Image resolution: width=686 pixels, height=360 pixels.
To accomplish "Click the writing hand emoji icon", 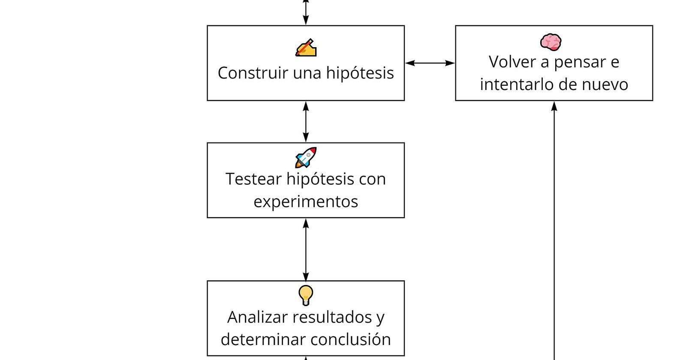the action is pos(306,48).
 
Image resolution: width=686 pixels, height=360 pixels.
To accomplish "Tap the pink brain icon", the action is pos(551,42).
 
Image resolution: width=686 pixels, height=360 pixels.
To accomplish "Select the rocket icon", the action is pos(306,158).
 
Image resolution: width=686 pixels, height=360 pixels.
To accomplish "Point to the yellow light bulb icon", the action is pos(306,295).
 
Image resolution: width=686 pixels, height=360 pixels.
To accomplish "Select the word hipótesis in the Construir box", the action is pos(360,74).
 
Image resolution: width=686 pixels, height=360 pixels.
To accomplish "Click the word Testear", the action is pos(253,179).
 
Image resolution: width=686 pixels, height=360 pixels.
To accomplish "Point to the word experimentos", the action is pos(306,202).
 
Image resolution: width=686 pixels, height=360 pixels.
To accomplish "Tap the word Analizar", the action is pos(258,318).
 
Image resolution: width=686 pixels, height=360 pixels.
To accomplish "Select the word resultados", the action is pos(332,318).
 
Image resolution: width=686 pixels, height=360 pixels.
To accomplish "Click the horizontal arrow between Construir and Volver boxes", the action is pos(430,63).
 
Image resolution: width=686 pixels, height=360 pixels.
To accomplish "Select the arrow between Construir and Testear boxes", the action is pos(306,122).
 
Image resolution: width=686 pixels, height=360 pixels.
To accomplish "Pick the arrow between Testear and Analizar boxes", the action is pos(306,249).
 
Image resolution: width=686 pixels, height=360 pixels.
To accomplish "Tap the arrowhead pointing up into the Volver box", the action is pos(554,106).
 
